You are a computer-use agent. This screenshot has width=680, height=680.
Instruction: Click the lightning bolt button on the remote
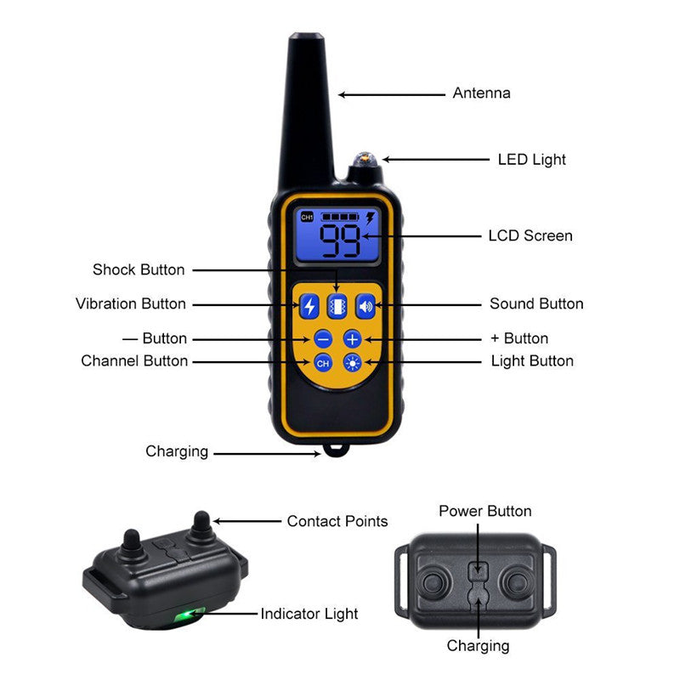tap(309, 304)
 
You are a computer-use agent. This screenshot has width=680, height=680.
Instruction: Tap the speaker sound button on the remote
tap(365, 304)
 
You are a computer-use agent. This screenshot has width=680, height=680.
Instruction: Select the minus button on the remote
tap(323, 339)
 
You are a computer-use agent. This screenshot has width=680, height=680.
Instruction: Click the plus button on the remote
tap(353, 339)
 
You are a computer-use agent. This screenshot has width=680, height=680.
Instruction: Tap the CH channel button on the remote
tap(323, 363)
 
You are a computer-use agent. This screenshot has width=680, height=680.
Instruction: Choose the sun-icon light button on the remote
tap(353, 363)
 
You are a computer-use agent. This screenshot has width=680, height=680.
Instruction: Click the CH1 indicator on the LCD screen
tap(307, 218)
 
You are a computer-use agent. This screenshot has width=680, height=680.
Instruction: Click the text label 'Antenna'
tap(482, 93)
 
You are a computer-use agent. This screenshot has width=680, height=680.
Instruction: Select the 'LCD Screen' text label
tap(530, 235)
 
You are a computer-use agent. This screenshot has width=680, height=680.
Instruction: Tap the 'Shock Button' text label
tap(139, 269)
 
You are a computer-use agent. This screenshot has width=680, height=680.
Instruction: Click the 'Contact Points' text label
tap(337, 521)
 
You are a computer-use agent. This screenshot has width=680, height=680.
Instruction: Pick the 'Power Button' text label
tap(485, 511)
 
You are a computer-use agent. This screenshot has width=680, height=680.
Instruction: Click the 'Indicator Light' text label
tap(309, 613)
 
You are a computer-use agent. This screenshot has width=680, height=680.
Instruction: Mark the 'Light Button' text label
tap(532, 360)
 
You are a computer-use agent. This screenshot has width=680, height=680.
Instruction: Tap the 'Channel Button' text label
tap(134, 360)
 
